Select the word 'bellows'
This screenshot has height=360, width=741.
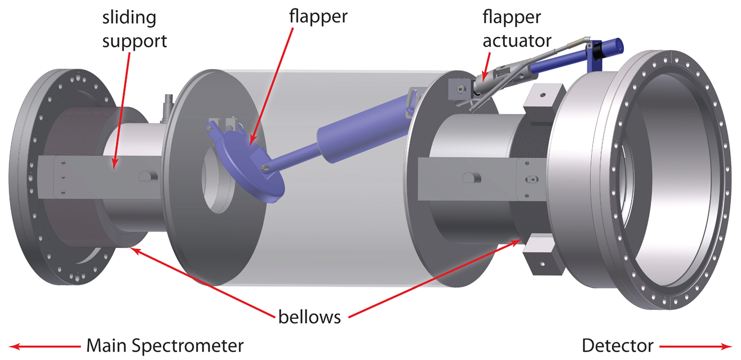click(x=309, y=317)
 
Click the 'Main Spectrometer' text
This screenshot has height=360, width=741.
click(x=165, y=345)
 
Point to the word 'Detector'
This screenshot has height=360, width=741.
click(x=618, y=345)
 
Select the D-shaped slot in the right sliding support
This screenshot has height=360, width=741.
click(x=469, y=178)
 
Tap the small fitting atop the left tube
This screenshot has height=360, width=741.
click(x=167, y=105)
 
